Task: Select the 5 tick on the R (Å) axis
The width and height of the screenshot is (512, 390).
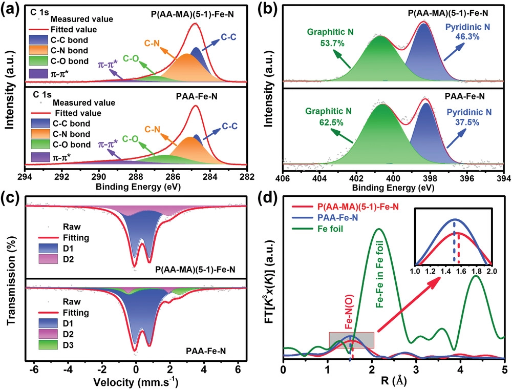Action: [x=504, y=368]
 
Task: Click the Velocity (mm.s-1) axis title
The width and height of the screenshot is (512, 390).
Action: [x=135, y=382]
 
